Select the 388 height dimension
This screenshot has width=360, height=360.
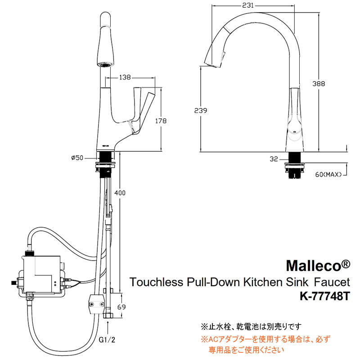319,84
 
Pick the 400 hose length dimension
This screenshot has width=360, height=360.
120,193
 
